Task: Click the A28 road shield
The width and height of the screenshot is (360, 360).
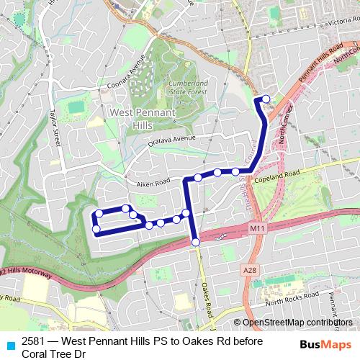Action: click(x=249, y=269)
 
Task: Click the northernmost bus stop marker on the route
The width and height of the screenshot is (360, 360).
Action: click(x=266, y=99)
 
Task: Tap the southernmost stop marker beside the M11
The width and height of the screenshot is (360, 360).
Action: click(x=196, y=243)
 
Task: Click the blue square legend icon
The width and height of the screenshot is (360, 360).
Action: click(x=9, y=344)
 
